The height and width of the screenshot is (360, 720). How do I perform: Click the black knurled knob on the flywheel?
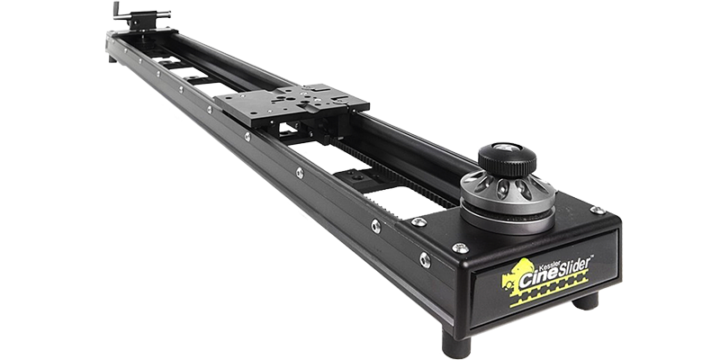tap(507, 159)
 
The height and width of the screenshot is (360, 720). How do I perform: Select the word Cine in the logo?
tap(538, 278)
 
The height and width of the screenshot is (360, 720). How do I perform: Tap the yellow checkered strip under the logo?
tap(549, 289)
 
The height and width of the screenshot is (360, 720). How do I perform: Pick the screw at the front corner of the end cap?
tap(460, 248)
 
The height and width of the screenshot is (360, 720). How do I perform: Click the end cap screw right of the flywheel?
tap(597, 210)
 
